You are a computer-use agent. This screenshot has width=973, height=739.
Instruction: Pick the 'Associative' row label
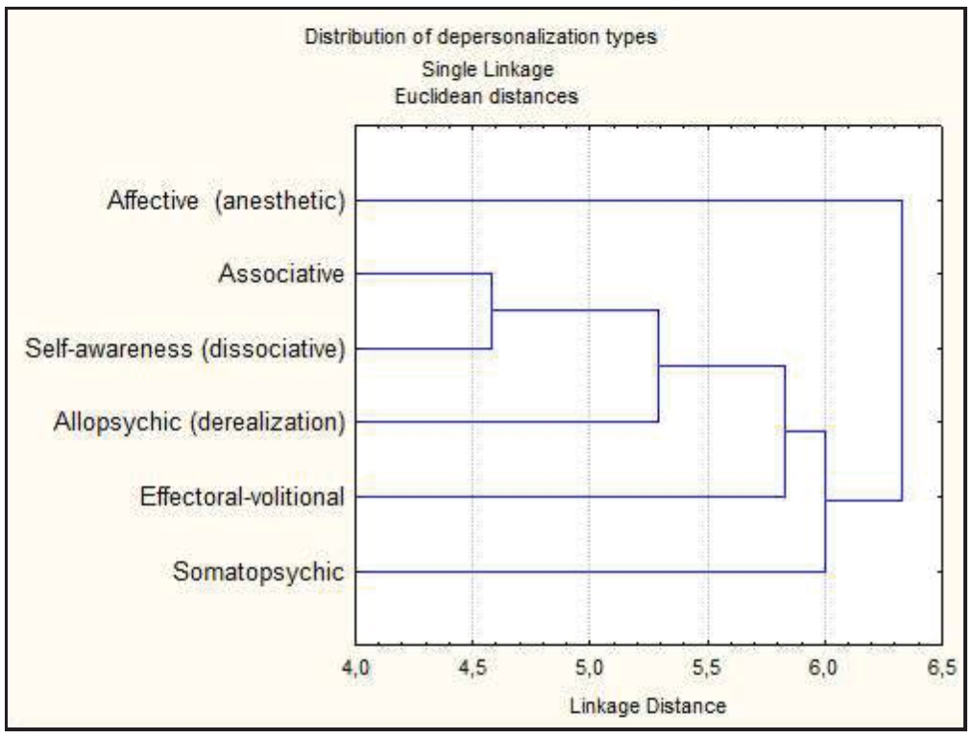tap(280, 275)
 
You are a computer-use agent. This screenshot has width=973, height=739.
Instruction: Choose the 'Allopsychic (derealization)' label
tap(199, 422)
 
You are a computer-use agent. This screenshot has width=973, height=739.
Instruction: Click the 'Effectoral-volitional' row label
tap(242, 497)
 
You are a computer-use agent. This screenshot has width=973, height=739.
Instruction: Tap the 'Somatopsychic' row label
tap(258, 573)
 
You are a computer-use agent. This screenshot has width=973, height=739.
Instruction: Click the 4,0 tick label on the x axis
tap(356, 667)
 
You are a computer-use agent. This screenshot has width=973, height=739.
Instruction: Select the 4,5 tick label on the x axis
tap(473, 667)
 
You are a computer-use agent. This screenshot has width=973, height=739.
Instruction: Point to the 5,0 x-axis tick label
tap(590, 667)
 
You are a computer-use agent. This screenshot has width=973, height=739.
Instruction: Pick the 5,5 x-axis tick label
tap(708, 667)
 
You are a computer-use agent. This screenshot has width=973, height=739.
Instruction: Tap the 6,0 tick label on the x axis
tap(825, 667)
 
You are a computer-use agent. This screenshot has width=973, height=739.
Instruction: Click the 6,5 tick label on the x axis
tap(941, 667)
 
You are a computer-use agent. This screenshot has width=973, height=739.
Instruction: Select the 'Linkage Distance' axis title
tap(648, 706)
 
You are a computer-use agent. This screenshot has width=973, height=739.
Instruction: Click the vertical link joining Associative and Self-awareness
tap(492, 311)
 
